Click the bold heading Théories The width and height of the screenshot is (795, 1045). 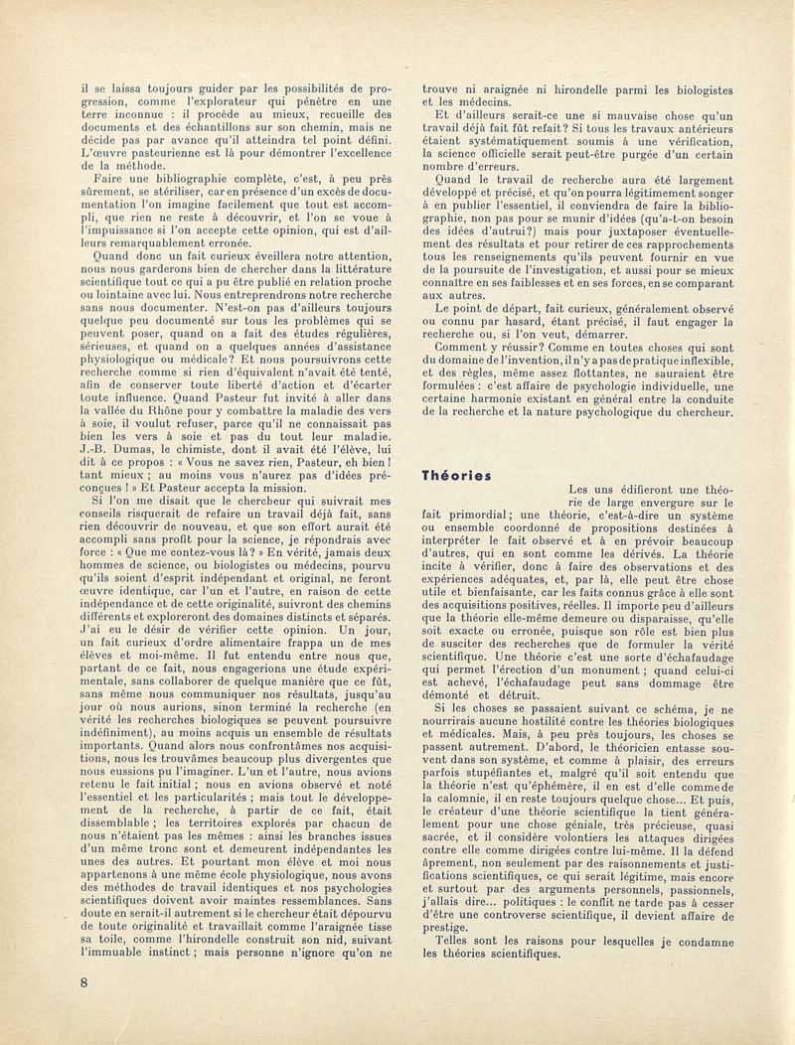[x=456, y=475]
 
